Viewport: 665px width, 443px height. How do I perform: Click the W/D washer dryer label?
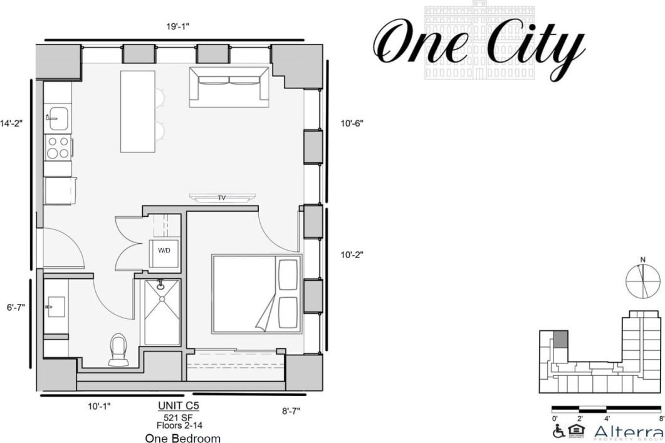coord(164,251)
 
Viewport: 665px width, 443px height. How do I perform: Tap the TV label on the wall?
coord(221,198)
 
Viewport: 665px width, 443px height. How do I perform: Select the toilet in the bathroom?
coord(117,350)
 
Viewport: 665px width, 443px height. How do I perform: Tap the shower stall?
coord(162,312)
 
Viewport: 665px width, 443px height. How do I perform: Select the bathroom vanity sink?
coord(53,306)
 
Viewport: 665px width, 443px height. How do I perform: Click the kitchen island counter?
coord(138,111)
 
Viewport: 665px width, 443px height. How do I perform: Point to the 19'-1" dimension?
coord(178,26)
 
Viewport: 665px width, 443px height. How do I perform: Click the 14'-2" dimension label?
coord(11,123)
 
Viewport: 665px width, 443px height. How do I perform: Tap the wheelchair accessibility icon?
coord(558,431)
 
